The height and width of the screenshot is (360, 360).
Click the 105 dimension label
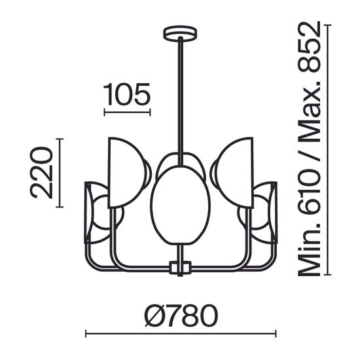click(x=128, y=95)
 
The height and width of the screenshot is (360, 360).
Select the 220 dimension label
click(x=41, y=173)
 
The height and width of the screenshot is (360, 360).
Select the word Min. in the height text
click(x=306, y=249)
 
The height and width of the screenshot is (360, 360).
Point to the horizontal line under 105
click(x=128, y=113)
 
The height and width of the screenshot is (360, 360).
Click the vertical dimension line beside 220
click(x=60, y=173)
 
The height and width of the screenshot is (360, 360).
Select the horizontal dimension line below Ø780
click(x=180, y=334)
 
